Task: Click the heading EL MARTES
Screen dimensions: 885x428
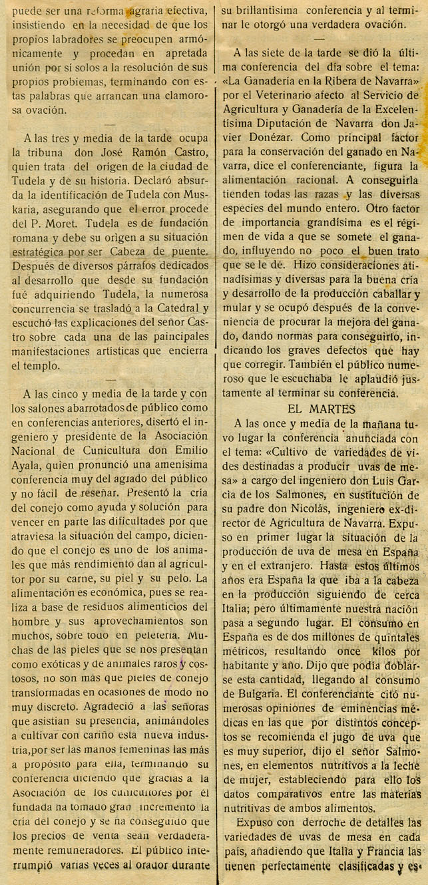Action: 322,408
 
